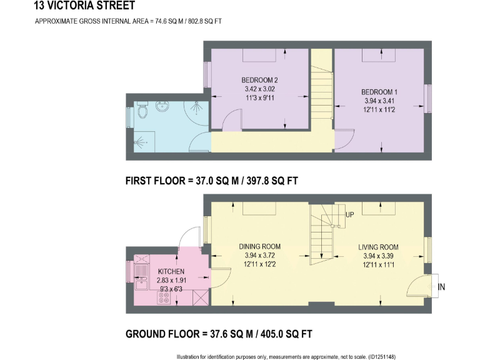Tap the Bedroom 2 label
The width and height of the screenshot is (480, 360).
tap(259, 80)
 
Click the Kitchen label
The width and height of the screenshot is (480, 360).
tap(171, 271)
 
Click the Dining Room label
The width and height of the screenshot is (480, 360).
tap(259, 246)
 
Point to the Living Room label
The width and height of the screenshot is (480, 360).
tap(378, 247)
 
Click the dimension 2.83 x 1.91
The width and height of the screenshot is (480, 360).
tap(171, 281)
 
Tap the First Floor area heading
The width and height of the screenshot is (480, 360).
tap(211, 181)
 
